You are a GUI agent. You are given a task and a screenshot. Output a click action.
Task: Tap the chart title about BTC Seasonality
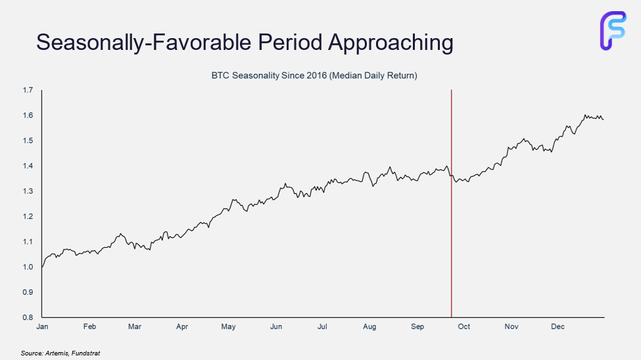314,76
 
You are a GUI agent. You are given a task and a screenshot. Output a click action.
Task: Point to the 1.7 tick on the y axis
27,90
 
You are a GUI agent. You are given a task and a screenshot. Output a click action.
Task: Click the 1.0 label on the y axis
27,267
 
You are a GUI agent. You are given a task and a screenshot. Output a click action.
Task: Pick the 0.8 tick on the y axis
27,317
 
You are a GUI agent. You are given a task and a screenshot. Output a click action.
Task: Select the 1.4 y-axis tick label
27,166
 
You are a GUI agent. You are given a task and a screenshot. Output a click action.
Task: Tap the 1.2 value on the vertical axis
27,217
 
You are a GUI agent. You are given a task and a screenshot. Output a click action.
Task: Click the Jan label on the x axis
42,326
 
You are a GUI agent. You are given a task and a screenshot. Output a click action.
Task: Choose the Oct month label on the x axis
463,326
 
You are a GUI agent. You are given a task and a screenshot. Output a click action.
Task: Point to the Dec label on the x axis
558,326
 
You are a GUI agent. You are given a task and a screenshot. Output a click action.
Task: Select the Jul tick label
323,326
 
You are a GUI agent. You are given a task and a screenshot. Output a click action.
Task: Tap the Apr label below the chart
182,326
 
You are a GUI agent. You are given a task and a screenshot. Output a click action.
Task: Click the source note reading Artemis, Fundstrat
60,353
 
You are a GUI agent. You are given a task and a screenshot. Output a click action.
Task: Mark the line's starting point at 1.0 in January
42,267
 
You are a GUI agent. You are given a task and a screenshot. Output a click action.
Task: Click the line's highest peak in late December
584,115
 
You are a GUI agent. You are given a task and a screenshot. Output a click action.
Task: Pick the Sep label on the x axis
417,326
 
